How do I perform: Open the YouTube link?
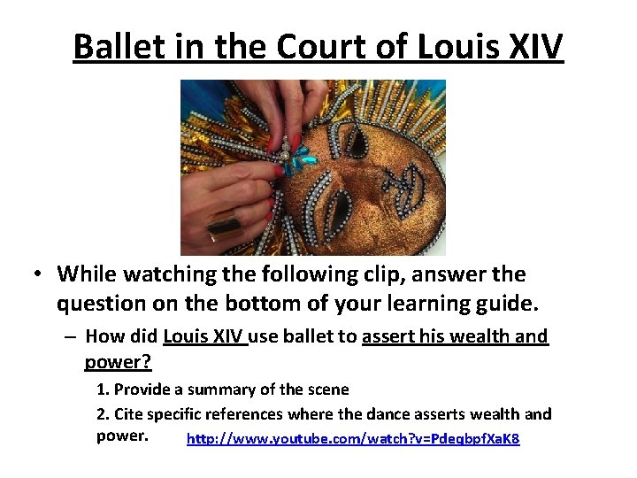(353, 438)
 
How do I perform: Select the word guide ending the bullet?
(505, 304)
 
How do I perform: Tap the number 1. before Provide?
(103, 389)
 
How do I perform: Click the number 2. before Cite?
(103, 413)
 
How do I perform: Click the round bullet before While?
(40, 275)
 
